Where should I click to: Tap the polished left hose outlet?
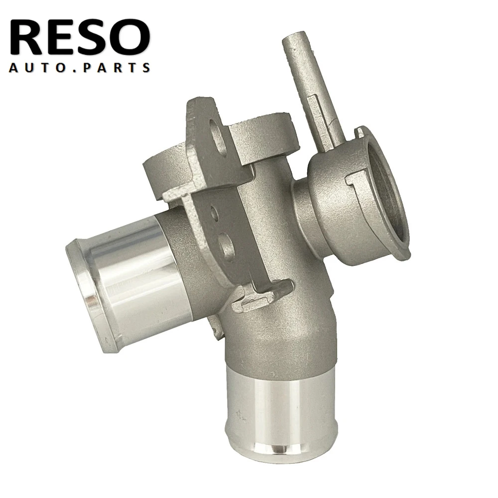(x=129, y=279)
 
